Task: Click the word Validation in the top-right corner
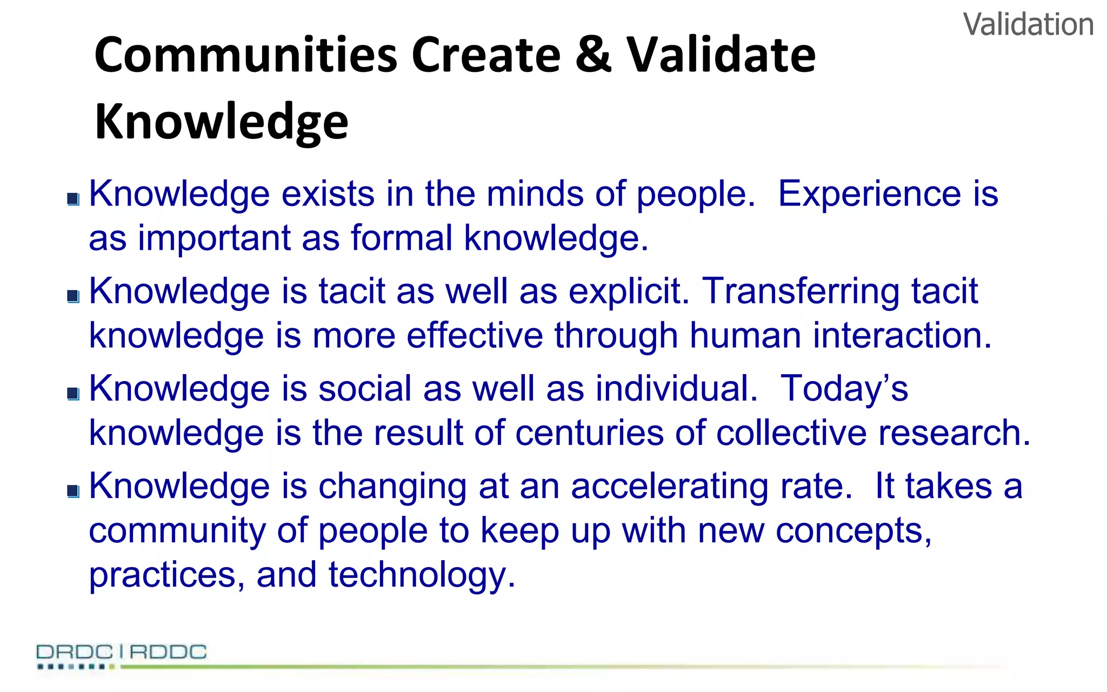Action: (x=1028, y=25)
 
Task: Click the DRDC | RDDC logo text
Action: (x=122, y=652)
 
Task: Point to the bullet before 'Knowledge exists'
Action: (x=74, y=199)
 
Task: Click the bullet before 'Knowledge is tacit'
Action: (x=74, y=296)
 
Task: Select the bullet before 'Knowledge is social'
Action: (x=74, y=394)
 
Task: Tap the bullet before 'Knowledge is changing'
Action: (x=74, y=491)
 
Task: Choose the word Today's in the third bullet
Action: (x=844, y=388)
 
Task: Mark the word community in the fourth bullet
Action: (x=177, y=531)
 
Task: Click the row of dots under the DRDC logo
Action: (x=76, y=667)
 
